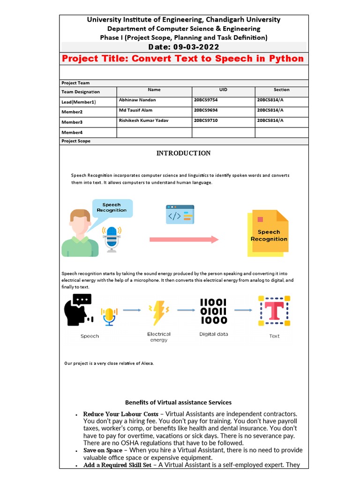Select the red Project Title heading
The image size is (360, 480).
click(x=183, y=59)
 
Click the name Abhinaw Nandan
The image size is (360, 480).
click(x=138, y=100)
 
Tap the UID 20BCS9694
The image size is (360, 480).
click(x=205, y=110)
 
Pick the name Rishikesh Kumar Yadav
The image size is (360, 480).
click(x=144, y=120)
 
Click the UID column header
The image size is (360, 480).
click(x=223, y=90)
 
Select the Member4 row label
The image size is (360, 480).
click(x=72, y=133)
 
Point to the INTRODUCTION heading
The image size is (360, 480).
click(x=183, y=153)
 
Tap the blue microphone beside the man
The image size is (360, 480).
click(x=112, y=239)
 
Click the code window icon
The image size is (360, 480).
click(x=180, y=214)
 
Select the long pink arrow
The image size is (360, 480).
click(x=184, y=240)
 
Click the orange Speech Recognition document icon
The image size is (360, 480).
click(x=269, y=234)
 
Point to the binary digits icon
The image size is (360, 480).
click(x=214, y=311)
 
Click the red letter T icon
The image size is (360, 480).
click(x=274, y=311)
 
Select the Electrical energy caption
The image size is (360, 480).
click(x=159, y=337)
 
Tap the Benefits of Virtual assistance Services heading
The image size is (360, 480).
click(x=178, y=402)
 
